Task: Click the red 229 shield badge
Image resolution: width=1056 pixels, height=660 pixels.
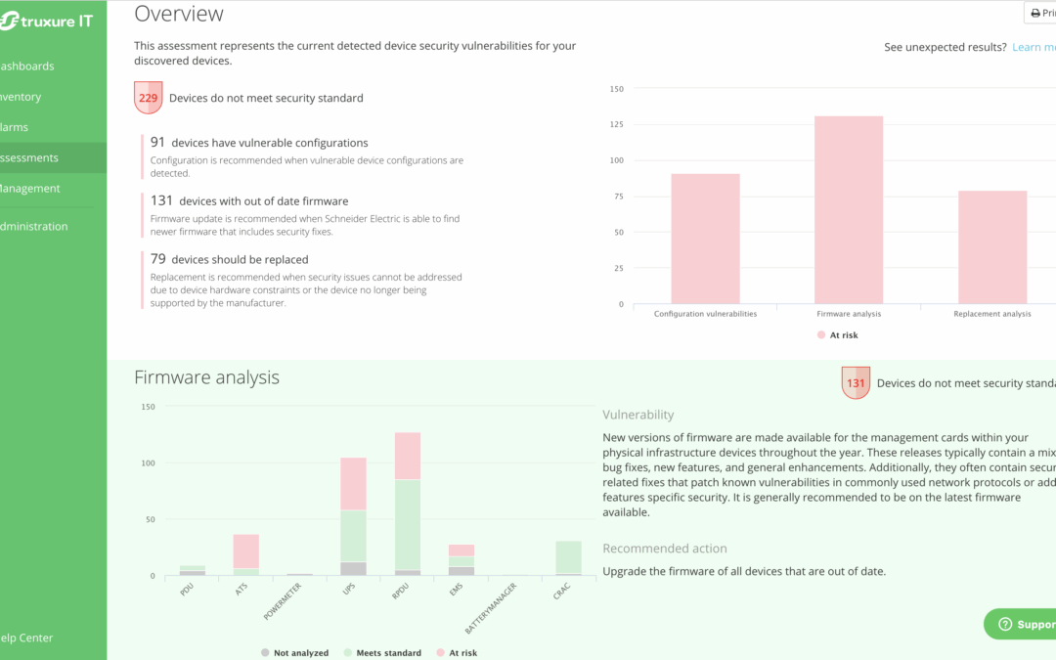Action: pyautogui.click(x=148, y=98)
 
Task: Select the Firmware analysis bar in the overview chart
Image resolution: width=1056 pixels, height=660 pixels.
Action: pyautogui.click(x=849, y=209)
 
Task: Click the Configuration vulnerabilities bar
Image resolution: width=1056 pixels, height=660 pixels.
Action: pyautogui.click(x=705, y=239)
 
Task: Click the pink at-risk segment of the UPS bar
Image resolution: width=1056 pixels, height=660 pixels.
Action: pyautogui.click(x=353, y=484)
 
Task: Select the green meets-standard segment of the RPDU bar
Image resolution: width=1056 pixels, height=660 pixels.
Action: pyautogui.click(x=407, y=524)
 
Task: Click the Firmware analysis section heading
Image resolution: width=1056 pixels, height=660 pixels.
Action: pyautogui.click(x=206, y=377)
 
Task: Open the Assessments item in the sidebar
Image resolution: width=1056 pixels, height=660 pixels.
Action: pyautogui.click(x=29, y=157)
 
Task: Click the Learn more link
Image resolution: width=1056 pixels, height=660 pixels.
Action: pyautogui.click(x=1033, y=47)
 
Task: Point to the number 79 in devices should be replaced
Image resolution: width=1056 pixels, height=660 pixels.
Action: pyautogui.click(x=157, y=259)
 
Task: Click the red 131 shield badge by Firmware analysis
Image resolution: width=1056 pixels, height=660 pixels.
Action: pyautogui.click(x=856, y=383)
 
